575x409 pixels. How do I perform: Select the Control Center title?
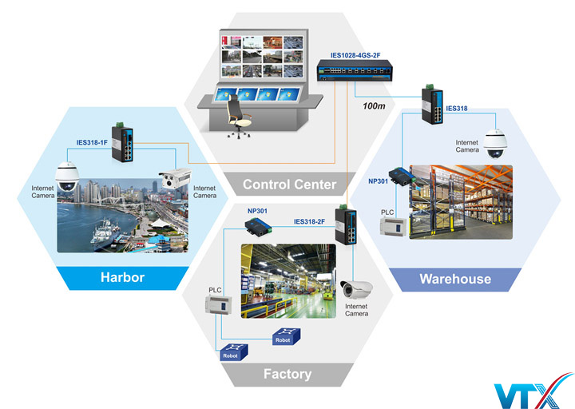tap(288, 185)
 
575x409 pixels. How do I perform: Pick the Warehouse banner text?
tap(455, 279)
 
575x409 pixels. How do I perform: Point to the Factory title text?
tap(287, 374)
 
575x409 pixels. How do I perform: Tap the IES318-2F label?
tap(311, 221)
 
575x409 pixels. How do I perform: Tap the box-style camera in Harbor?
tap(173, 181)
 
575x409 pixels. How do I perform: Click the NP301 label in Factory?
tap(258, 211)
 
